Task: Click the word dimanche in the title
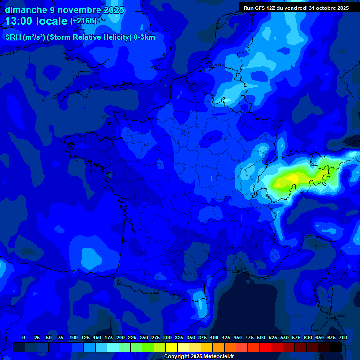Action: [x=26, y=10]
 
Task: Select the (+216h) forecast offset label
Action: [x=83, y=21]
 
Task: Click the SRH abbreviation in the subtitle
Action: [x=14, y=37]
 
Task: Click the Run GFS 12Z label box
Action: [x=296, y=8]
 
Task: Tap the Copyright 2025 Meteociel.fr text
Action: [x=199, y=357]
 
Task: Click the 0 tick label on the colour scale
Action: [x=24, y=337]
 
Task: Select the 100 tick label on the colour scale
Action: [x=73, y=337]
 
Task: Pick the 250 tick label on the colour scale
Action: [x=144, y=337]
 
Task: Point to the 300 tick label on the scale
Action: [x=167, y=337]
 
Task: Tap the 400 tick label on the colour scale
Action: [x=214, y=337]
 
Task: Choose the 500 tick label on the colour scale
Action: [x=261, y=337]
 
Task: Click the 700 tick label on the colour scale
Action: [x=343, y=337]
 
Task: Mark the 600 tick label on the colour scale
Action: [x=308, y=337]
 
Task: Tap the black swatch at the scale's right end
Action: [x=336, y=347]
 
